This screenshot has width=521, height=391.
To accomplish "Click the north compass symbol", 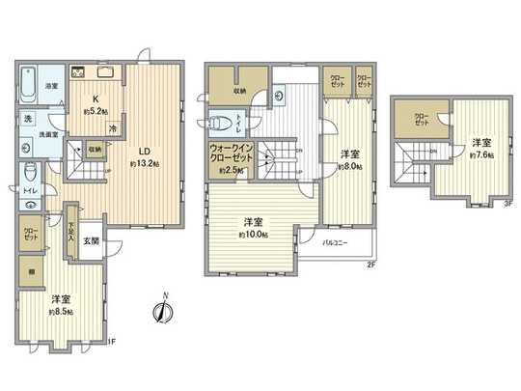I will (163, 310).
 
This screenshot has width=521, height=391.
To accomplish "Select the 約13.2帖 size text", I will (145, 163).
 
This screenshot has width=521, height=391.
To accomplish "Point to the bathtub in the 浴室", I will (27, 75).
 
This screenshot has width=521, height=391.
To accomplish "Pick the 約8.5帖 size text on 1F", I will (60, 311).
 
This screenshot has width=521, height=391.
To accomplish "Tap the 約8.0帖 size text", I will (349, 165).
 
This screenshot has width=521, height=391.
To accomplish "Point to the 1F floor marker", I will (109, 339).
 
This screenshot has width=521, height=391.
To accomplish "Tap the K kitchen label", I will (96, 98).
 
